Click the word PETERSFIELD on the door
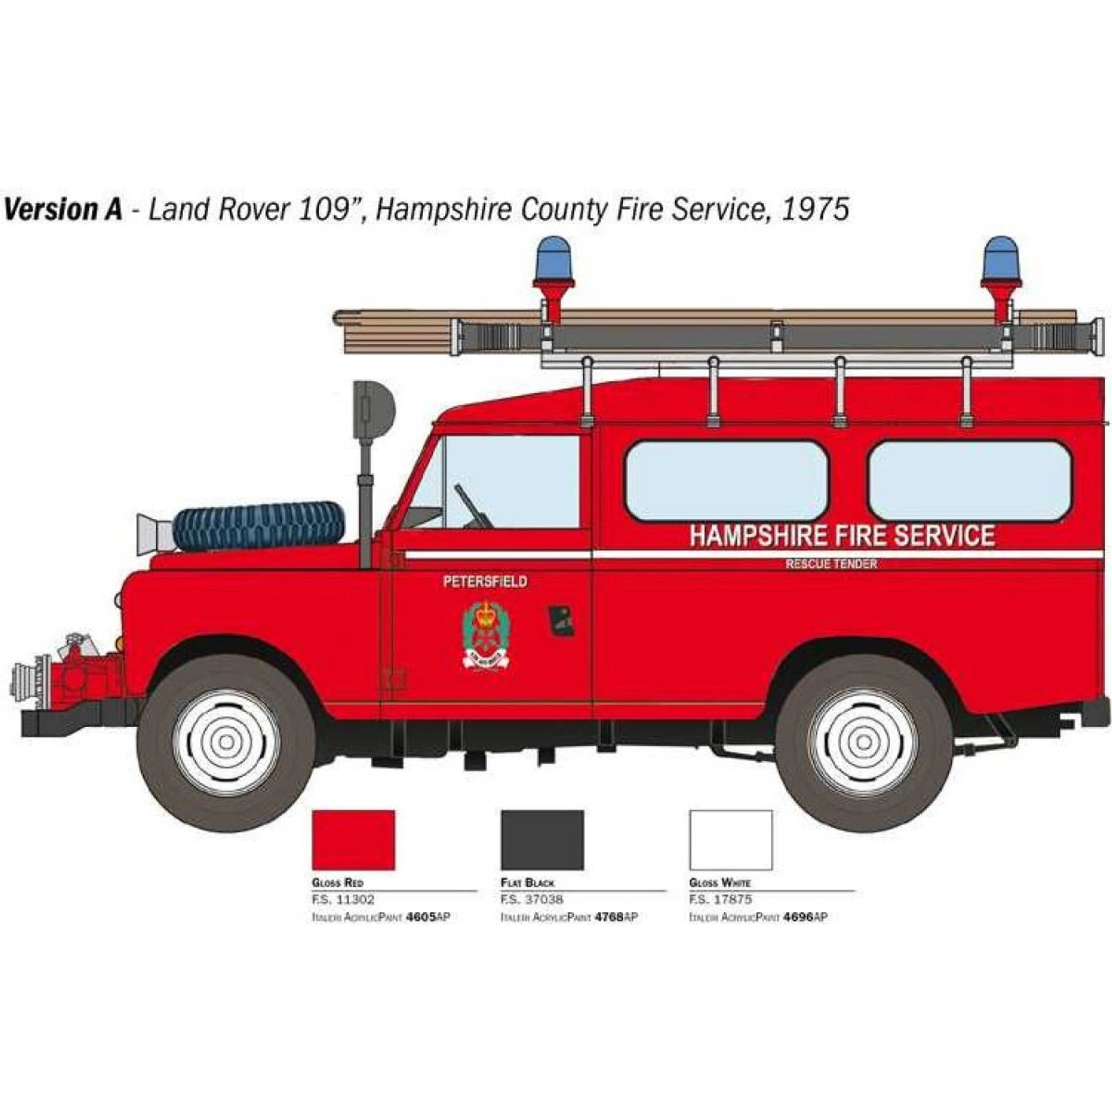point(485,582)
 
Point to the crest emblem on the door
point(488,633)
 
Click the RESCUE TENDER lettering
point(831,564)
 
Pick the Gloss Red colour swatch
point(354,840)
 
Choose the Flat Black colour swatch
point(542,840)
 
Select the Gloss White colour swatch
point(731,840)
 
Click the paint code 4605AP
point(428,917)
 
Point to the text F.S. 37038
point(532,899)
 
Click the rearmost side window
point(969,481)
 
